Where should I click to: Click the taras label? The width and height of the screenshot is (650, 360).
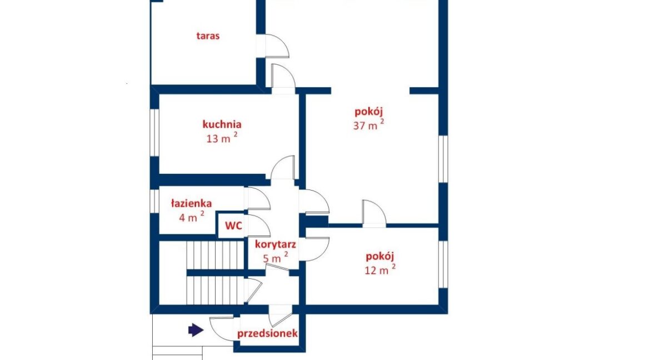pos(208,36)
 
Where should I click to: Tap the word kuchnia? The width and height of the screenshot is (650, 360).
pos(222,124)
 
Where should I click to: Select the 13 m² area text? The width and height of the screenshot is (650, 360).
pos(222,138)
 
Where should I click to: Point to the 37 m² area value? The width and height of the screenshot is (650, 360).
pos(368,124)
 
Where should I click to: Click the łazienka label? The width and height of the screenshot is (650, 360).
pos(192,203)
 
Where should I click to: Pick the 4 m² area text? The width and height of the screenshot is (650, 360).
pos(192,217)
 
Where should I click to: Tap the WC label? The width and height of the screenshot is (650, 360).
pos(233,226)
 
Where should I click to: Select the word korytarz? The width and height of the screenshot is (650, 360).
pos(275,244)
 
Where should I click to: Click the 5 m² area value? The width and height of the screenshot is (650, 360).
pos(275,258)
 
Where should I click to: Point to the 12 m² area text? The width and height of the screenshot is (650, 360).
pos(379,269)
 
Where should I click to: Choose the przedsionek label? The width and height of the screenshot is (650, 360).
pos(267,333)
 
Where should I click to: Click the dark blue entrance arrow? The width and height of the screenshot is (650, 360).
pos(196,330)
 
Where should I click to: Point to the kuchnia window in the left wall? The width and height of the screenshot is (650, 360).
pos(154,133)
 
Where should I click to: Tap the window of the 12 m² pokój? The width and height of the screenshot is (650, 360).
pos(443,264)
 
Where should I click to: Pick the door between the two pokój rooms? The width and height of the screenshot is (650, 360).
pos(374,213)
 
